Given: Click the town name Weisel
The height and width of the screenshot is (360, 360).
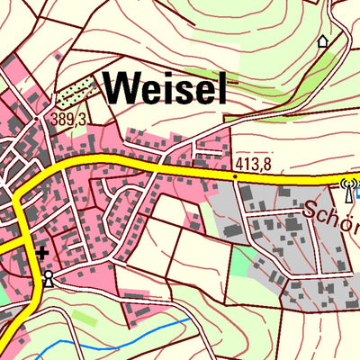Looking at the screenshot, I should (x=165, y=88).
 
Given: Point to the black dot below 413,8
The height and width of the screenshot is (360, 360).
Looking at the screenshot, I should (x=235, y=177).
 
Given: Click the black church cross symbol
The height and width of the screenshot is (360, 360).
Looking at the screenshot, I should (x=41, y=254).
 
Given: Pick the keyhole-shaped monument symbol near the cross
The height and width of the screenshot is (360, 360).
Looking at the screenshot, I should (x=47, y=277).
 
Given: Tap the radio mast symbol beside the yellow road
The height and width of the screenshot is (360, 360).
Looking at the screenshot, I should (x=344, y=190).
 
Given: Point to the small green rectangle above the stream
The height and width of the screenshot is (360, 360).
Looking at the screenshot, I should (x=84, y=317).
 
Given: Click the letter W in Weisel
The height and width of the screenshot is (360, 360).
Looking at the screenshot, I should (x=121, y=88).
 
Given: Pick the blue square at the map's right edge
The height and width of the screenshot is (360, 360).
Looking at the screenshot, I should (x=356, y=190).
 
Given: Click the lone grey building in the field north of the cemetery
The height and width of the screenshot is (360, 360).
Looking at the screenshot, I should (x=59, y=56).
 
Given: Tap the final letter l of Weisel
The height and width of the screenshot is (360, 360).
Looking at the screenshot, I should (x=220, y=88).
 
